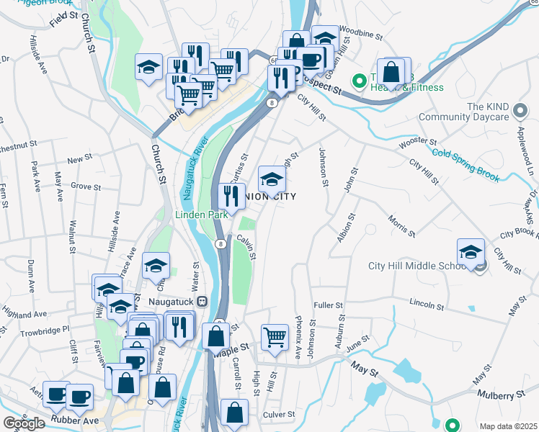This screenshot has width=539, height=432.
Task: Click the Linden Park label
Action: pyautogui.click(x=202, y=214)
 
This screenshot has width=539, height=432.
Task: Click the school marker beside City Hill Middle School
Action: pyautogui.click(x=470, y=253)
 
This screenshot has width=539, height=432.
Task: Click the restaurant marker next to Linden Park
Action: pyautogui.click(x=231, y=195)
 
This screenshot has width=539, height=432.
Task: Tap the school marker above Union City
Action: pyautogui.click(x=271, y=179)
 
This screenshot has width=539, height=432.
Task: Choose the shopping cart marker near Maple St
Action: pyautogui.click(x=275, y=336)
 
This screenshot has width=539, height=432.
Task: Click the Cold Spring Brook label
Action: pyautogui.click(x=465, y=161)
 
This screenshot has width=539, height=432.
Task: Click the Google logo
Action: pyautogui.click(x=24, y=423)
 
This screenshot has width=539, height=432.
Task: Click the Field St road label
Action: pyautogui.click(x=64, y=19)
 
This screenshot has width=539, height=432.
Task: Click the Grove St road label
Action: pyautogui.click(x=86, y=186)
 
